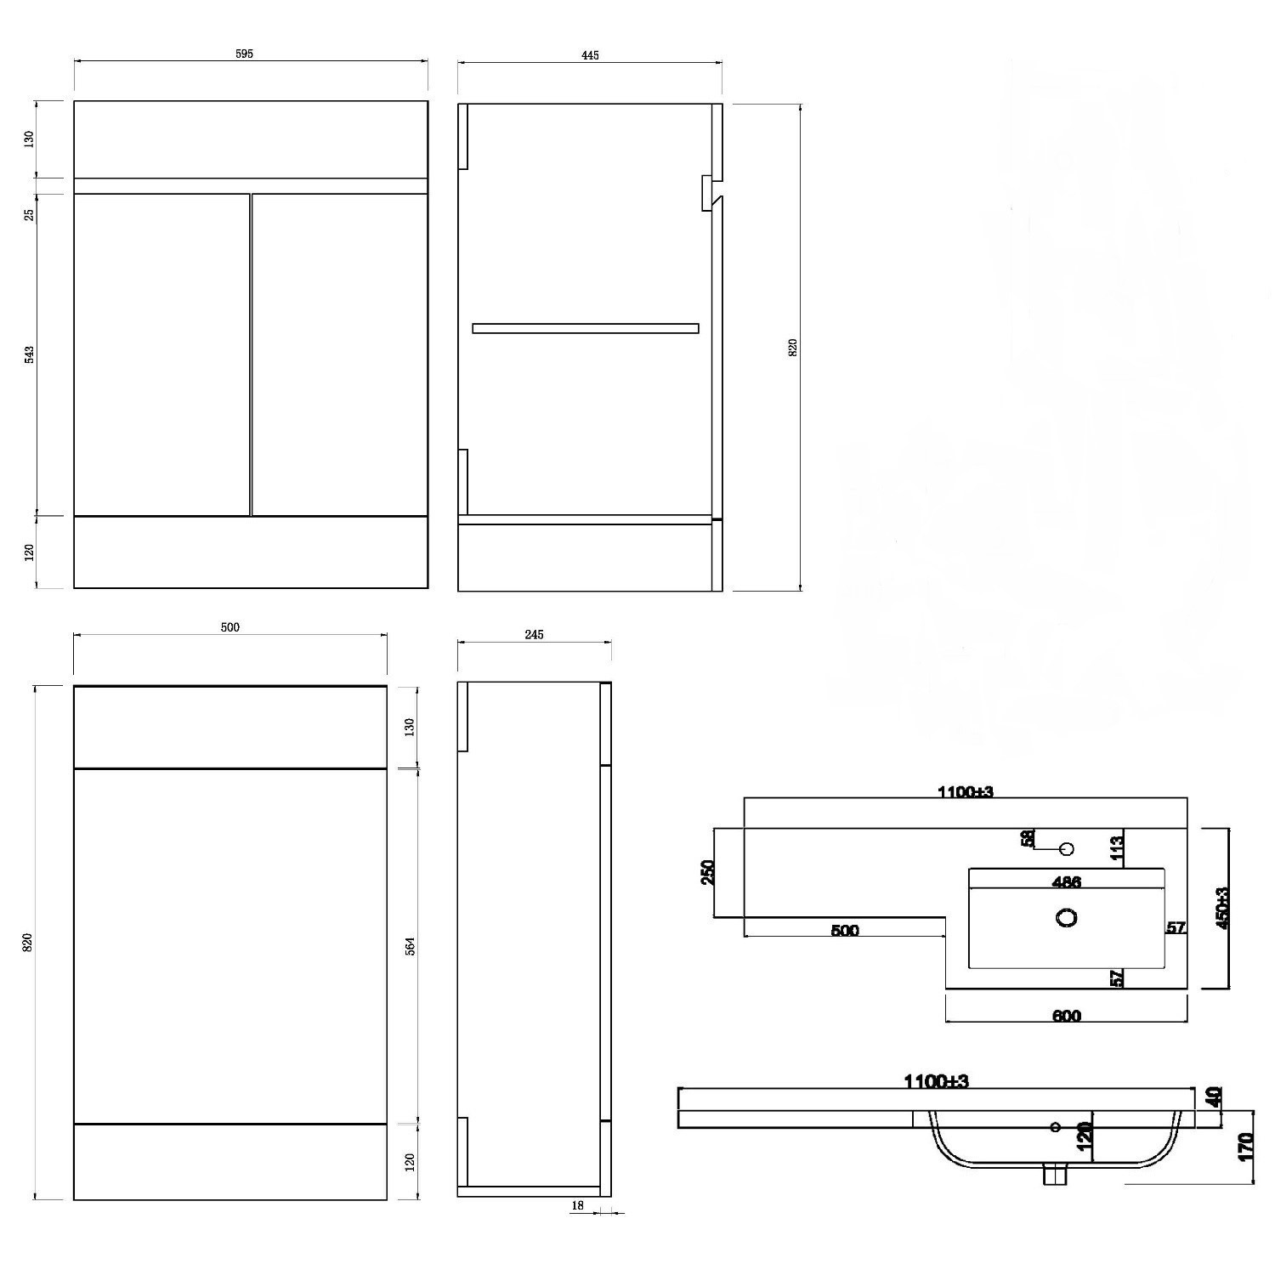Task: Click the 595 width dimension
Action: click(x=244, y=54)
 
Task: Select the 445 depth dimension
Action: click(x=590, y=55)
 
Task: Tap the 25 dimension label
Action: click(x=30, y=214)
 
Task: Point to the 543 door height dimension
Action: click(x=30, y=354)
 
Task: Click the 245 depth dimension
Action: click(x=534, y=634)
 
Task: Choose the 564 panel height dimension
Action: click(x=410, y=946)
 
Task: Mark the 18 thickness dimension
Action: click(x=578, y=1205)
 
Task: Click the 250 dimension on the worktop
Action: click(x=708, y=872)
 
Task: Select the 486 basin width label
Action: click(x=1067, y=882)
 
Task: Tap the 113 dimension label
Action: click(x=1116, y=847)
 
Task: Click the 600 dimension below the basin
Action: click(x=1067, y=1016)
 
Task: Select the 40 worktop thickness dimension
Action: click(x=1213, y=1096)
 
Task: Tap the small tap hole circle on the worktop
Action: click(x=1068, y=848)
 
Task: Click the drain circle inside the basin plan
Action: click(x=1067, y=917)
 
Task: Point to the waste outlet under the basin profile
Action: click(x=1055, y=1174)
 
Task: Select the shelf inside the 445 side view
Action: click(x=586, y=328)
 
